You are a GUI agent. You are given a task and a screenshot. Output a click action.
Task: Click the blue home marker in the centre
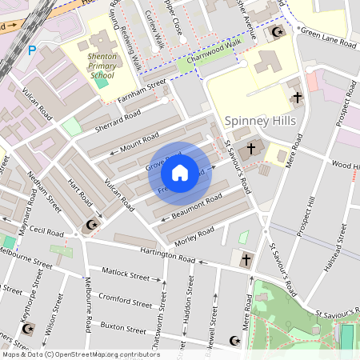(x=180, y=173)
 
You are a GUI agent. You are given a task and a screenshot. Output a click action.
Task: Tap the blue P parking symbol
(x=32, y=50)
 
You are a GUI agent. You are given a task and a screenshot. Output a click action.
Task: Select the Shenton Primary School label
(x=102, y=68)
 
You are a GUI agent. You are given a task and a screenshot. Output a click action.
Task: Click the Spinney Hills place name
(x=259, y=121)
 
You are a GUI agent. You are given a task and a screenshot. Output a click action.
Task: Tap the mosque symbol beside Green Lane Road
(x=277, y=32)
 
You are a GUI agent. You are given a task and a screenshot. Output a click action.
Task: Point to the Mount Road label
(x=139, y=144)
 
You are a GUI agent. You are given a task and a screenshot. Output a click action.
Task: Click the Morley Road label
(x=195, y=234)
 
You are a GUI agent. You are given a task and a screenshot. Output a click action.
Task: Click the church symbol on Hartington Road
(x=246, y=260)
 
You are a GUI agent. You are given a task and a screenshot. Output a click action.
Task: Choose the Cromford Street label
(x=125, y=302)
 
